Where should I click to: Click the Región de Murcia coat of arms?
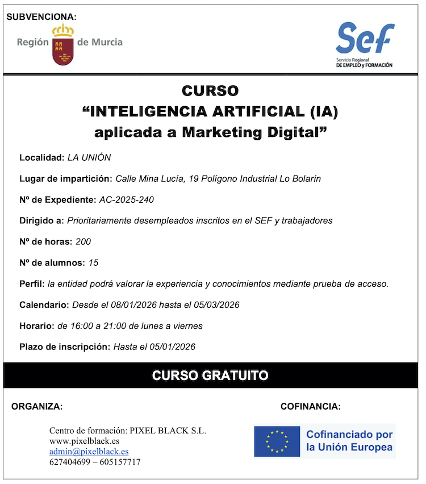[x=62, y=45]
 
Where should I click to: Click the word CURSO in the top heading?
[x=210, y=91]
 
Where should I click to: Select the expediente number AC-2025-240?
[x=127, y=200]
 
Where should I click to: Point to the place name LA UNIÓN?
[x=89, y=158]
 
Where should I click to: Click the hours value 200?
[x=83, y=242]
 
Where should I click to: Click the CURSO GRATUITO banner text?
[x=210, y=375]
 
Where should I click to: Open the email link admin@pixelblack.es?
[x=89, y=452]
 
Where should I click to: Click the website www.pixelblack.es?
[x=84, y=441]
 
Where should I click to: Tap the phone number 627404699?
[x=69, y=462]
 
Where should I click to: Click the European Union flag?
[x=277, y=441]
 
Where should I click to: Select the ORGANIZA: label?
[x=37, y=407]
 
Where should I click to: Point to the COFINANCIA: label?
[x=311, y=407]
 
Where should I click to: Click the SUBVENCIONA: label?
[x=41, y=17]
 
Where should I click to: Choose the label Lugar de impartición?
[x=65, y=179]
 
